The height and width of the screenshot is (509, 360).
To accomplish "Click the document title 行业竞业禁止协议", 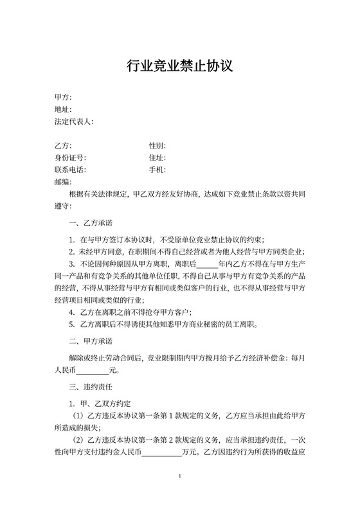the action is (179, 66).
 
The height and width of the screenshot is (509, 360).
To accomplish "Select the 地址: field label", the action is (63, 109).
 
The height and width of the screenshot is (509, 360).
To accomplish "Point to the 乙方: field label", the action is (63, 146).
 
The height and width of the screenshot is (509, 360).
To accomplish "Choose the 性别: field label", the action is (157, 146).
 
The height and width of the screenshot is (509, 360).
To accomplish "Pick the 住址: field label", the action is (157, 158).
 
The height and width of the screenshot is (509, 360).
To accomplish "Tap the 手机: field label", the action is (157, 170).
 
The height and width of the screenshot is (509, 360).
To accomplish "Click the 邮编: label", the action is (63, 183).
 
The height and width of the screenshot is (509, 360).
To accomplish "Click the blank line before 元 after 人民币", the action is (93, 370).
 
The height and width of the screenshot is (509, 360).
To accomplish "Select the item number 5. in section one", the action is (72, 325).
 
